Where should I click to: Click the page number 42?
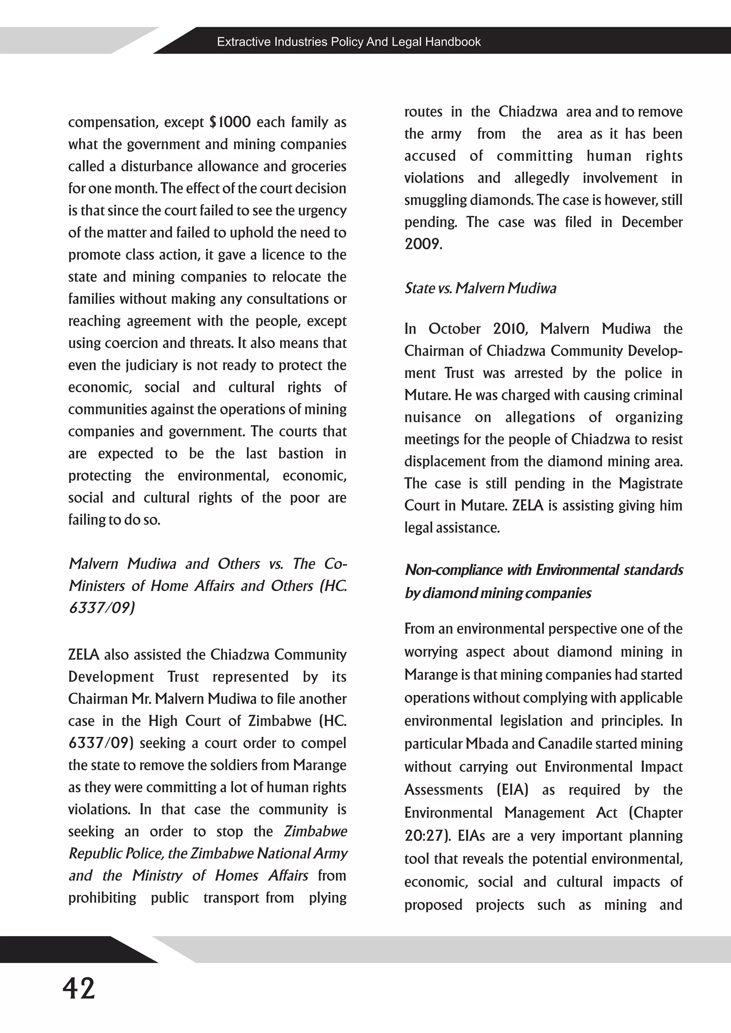click(x=79, y=988)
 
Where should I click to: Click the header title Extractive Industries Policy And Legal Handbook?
click(x=349, y=42)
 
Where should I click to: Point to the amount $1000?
click(x=230, y=122)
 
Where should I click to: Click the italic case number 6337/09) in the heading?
click(x=101, y=608)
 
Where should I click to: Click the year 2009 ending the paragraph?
click(x=422, y=244)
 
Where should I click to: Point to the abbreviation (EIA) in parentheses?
click(x=512, y=790)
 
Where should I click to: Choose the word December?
click(x=652, y=222)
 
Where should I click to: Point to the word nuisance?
click(x=432, y=418)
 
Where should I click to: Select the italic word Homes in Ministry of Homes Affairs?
click(x=237, y=876)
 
